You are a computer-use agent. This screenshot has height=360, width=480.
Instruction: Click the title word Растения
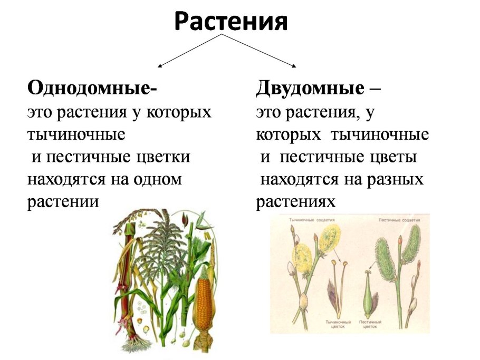(x=231, y=22)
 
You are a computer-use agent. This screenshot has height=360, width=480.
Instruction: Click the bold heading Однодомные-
(x=92, y=87)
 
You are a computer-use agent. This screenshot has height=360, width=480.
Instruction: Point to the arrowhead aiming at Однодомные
(x=160, y=66)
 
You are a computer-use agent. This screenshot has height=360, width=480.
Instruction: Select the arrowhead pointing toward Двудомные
(x=293, y=66)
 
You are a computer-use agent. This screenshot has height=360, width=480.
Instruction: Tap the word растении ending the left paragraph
(x=63, y=202)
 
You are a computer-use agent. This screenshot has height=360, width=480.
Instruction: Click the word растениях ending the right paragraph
(x=296, y=202)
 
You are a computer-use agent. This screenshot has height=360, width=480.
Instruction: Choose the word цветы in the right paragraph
(x=392, y=157)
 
